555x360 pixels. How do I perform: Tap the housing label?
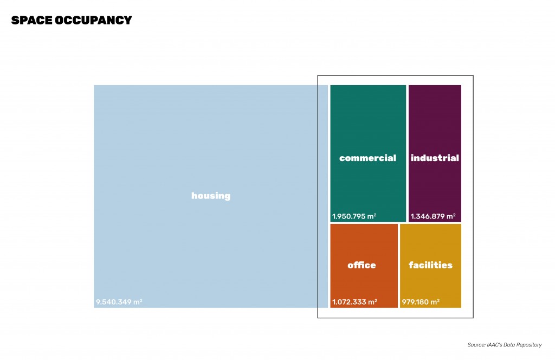(x=211, y=196)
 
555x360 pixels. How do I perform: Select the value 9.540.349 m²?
(x=119, y=302)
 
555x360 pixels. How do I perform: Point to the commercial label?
(x=367, y=158)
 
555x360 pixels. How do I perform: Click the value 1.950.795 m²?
(x=354, y=216)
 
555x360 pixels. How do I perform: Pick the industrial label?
(x=435, y=158)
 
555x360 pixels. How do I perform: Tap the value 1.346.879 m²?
(x=433, y=216)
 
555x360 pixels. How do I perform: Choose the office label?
(x=362, y=265)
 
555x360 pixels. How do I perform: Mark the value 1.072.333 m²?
(x=354, y=302)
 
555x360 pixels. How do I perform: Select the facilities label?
(x=430, y=265)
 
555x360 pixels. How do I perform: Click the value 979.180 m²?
(x=421, y=302)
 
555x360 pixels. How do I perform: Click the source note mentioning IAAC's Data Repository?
(x=504, y=345)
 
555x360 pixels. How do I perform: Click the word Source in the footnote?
(x=475, y=345)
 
